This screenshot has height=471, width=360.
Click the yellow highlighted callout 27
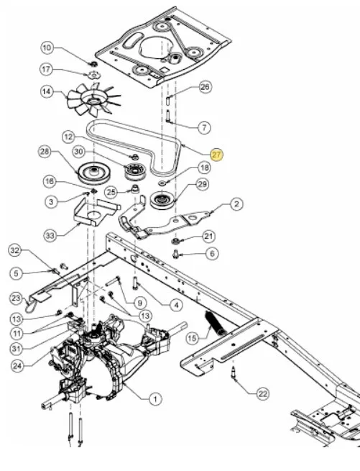click(217, 155)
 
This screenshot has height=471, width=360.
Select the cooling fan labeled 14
click(93, 99)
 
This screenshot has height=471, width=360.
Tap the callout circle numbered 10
click(47, 47)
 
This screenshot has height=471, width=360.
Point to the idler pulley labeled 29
click(162, 201)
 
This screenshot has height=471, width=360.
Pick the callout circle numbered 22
click(263, 393)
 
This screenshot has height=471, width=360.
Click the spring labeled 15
click(216, 323)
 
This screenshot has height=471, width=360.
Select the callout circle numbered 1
click(155, 399)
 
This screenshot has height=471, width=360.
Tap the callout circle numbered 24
click(18, 366)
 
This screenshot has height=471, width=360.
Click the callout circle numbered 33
click(50, 236)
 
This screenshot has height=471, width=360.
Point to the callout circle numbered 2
click(236, 204)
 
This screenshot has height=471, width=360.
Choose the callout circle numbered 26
click(205, 87)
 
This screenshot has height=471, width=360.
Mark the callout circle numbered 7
click(205, 128)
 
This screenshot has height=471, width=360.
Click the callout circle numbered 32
click(15, 250)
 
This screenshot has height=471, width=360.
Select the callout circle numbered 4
click(176, 305)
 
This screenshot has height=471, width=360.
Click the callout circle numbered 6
click(212, 254)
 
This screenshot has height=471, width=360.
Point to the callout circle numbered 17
click(46, 69)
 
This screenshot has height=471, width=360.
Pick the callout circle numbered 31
click(17, 349)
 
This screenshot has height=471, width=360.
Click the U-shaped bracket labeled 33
click(97, 211)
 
